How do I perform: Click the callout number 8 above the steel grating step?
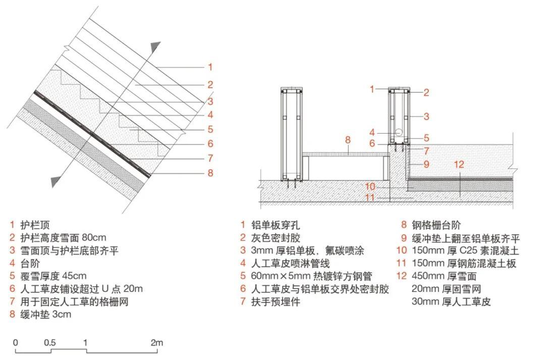pos(348,138)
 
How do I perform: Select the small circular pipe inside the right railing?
pos(399,133)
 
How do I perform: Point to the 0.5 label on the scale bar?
pos(49,343)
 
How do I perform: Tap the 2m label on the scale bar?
pos(156,343)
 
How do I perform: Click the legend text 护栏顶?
pos(35,224)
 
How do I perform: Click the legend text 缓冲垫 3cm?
pos(45,315)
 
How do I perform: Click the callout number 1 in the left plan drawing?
pos(210,67)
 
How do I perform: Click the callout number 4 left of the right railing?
pos(371,133)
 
